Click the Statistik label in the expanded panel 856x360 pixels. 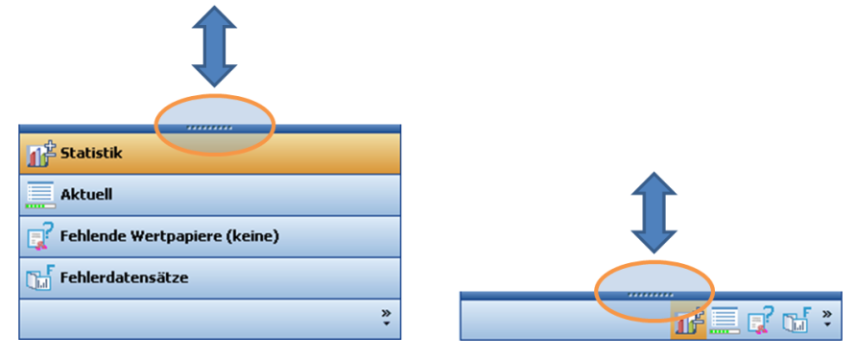[91, 153]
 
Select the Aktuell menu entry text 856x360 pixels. [86, 195]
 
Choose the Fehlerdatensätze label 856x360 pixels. [124, 277]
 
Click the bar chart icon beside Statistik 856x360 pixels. [40, 154]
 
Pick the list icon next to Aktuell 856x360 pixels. [40, 195]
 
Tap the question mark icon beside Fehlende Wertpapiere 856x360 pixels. [40, 237]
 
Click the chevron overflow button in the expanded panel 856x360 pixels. [386, 318]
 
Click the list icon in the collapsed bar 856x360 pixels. [724, 320]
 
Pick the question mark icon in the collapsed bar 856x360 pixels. [761, 320]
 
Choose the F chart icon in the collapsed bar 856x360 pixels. [797, 320]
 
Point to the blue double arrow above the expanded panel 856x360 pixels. [214, 46]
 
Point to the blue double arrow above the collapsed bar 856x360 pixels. [654, 213]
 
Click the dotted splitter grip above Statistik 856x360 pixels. [209, 129]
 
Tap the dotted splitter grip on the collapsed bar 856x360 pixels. [651, 295]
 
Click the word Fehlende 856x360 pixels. [94, 236]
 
